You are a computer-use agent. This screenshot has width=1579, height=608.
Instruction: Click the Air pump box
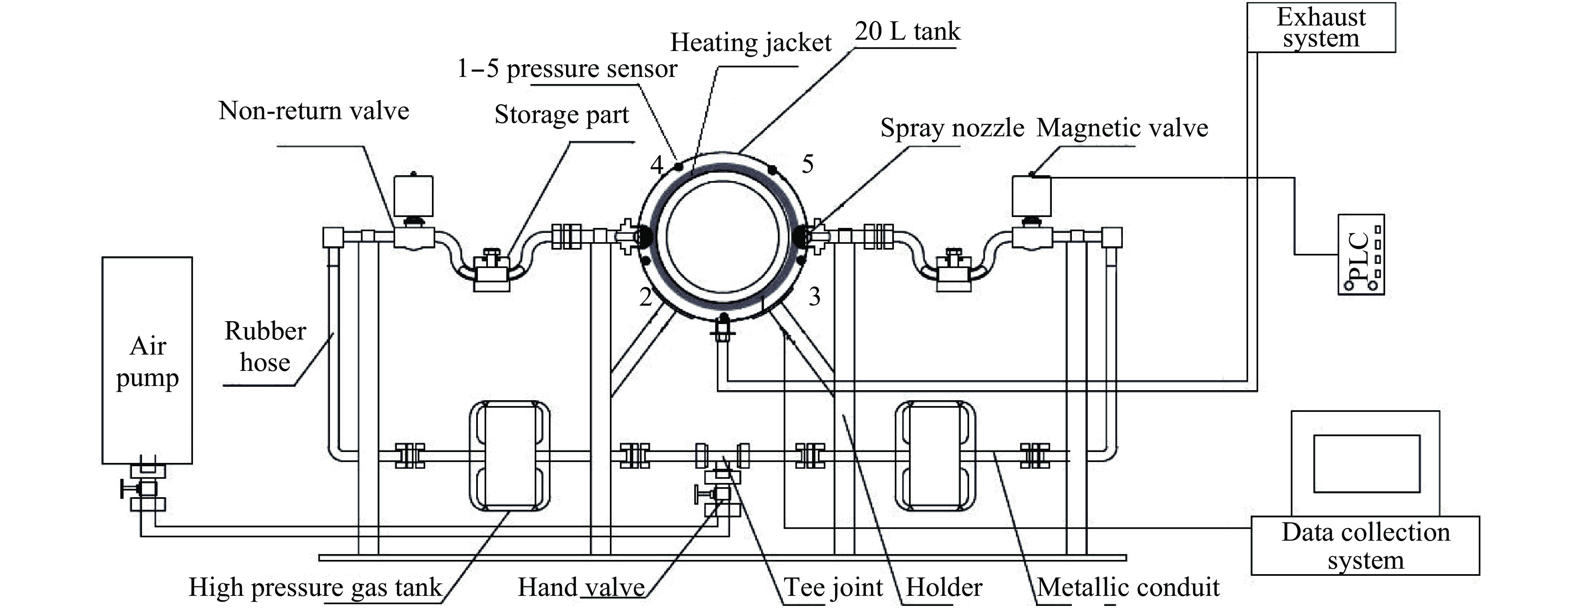click(147, 360)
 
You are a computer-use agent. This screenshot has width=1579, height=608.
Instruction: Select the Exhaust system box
click(1321, 28)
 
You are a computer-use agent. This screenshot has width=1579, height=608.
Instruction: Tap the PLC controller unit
click(1361, 255)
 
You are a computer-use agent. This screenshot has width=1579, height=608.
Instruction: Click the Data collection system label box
click(1365, 545)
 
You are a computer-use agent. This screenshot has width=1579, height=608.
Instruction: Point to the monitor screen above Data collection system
click(1367, 463)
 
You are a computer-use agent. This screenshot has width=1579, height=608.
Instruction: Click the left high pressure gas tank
click(509, 456)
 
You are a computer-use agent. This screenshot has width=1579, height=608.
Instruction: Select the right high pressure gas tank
click(935, 455)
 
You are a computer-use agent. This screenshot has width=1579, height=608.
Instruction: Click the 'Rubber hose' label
click(265, 347)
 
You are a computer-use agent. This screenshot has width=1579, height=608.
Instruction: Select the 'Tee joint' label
click(834, 587)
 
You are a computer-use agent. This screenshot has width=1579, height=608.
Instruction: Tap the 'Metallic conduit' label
click(1128, 587)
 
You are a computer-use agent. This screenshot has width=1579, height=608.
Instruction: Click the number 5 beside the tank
click(808, 164)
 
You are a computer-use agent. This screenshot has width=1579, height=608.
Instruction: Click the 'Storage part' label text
click(561, 115)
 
